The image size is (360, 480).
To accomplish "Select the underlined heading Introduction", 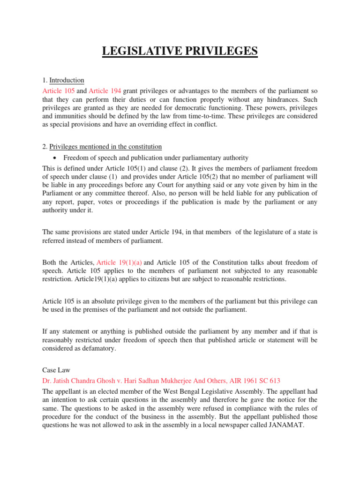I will tap(67, 80).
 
